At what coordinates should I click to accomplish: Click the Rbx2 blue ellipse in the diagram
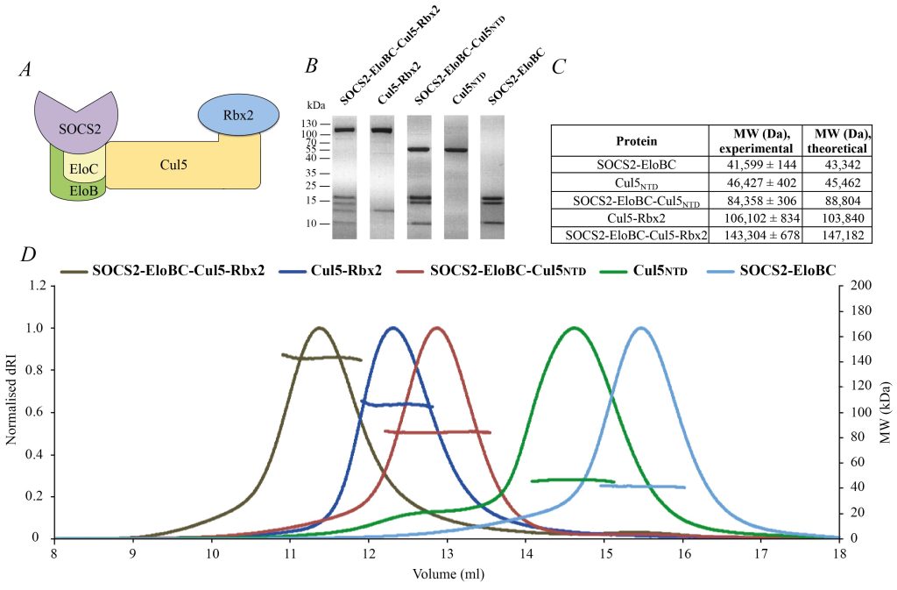coord(232,115)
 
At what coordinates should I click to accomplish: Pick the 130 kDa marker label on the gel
coord(310,124)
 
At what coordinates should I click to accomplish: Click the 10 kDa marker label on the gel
coord(312,224)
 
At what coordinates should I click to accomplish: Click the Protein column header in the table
coord(630,140)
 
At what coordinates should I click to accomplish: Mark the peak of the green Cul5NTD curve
coord(574,328)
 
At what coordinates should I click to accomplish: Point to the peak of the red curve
coord(437,328)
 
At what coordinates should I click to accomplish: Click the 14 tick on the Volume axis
coord(526,553)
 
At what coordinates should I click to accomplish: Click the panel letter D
coord(29,255)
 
